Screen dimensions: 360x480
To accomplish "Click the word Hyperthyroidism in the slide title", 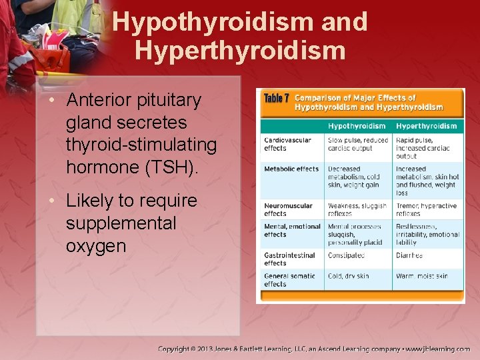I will point(239,50).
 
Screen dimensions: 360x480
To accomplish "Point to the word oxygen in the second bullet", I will point(96,246).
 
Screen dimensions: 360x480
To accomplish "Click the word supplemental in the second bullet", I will point(121,223).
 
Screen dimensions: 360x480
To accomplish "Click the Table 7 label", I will point(276,99).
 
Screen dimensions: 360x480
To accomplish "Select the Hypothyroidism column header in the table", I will point(356,126).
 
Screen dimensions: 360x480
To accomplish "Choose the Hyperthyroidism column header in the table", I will point(426,126).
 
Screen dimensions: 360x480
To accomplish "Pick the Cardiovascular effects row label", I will point(287,144).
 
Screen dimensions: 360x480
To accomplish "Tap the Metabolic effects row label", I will point(291,169).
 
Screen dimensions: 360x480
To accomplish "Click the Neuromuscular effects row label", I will point(288,210).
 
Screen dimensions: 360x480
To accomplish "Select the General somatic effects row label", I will point(290,280).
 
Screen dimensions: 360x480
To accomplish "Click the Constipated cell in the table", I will point(346,255).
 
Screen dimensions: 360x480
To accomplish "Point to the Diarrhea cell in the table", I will point(409,255).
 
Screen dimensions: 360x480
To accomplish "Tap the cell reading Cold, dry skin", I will point(350,276).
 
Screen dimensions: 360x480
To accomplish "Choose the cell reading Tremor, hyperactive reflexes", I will point(426,210).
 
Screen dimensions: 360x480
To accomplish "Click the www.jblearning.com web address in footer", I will point(438,349).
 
